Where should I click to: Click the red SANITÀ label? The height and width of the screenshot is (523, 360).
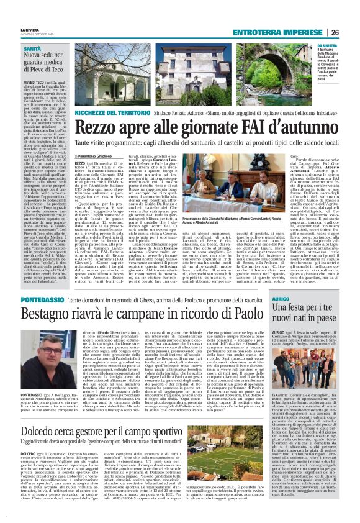coord(32,48)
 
